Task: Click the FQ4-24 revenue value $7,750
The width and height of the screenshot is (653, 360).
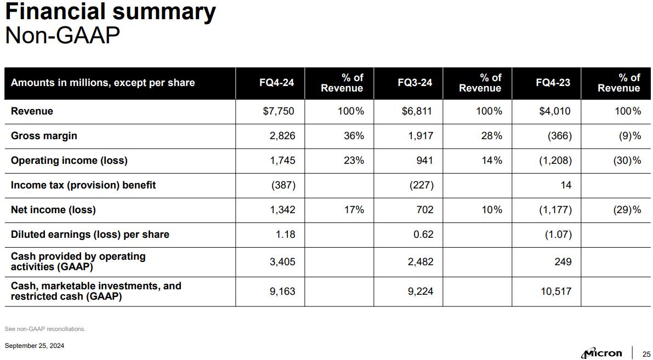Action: click(x=279, y=111)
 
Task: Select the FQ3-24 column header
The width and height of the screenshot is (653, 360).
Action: click(x=414, y=83)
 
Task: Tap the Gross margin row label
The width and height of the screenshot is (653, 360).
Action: click(x=44, y=136)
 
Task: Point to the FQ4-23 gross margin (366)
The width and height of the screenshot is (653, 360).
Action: click(x=560, y=136)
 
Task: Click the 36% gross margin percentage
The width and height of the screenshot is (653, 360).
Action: click(x=354, y=136)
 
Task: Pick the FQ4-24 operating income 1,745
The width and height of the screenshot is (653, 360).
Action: click(x=282, y=161)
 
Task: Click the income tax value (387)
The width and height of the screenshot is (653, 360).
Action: click(x=283, y=185)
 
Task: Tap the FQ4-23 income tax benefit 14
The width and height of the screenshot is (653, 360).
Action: click(x=566, y=185)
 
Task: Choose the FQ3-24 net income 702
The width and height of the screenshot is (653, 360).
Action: click(x=424, y=210)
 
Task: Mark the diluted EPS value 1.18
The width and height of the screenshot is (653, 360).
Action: click(x=286, y=235)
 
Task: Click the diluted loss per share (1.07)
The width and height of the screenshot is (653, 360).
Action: click(x=559, y=235)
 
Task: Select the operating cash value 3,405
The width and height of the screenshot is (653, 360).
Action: click(x=282, y=262)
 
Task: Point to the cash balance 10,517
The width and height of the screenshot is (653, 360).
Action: click(x=556, y=292)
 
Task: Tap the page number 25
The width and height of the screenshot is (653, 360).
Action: click(x=646, y=353)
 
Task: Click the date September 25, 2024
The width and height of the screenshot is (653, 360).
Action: click(x=34, y=346)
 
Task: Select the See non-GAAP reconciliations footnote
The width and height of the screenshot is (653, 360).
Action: click(x=45, y=329)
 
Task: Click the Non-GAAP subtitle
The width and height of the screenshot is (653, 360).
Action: click(x=62, y=36)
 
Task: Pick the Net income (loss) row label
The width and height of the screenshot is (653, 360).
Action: click(x=53, y=210)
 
